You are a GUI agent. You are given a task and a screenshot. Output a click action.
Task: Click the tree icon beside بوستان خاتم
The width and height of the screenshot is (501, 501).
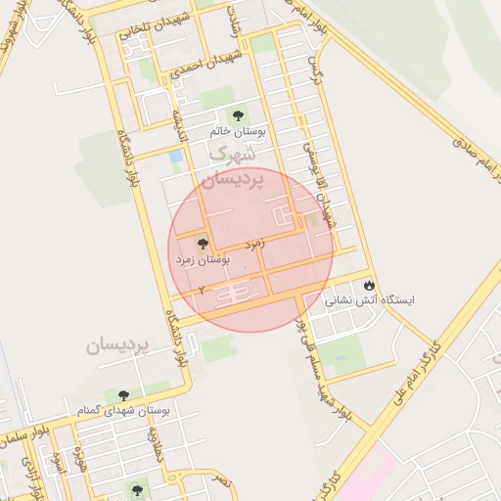(x=233, y=115)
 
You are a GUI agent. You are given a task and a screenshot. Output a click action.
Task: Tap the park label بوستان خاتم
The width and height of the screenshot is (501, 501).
(x=233, y=130)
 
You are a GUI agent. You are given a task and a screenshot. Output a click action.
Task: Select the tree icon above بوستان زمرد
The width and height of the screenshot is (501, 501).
(x=203, y=245)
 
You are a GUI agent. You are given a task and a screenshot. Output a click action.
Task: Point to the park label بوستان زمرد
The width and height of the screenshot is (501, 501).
(x=202, y=260)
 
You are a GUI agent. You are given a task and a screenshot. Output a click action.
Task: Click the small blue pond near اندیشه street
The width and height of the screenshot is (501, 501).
(x=175, y=157)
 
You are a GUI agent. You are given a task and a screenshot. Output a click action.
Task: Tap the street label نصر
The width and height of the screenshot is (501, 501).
(x=223, y=480)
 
